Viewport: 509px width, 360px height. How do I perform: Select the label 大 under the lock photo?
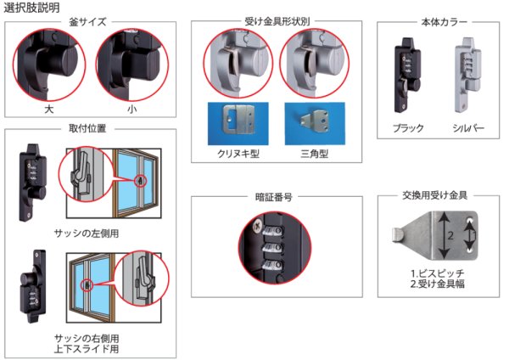pos(48,110)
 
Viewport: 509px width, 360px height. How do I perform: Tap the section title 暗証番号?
pos(276,196)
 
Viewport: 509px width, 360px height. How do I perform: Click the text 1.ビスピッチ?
pos(436,271)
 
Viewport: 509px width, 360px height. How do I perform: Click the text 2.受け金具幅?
pos(436,283)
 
